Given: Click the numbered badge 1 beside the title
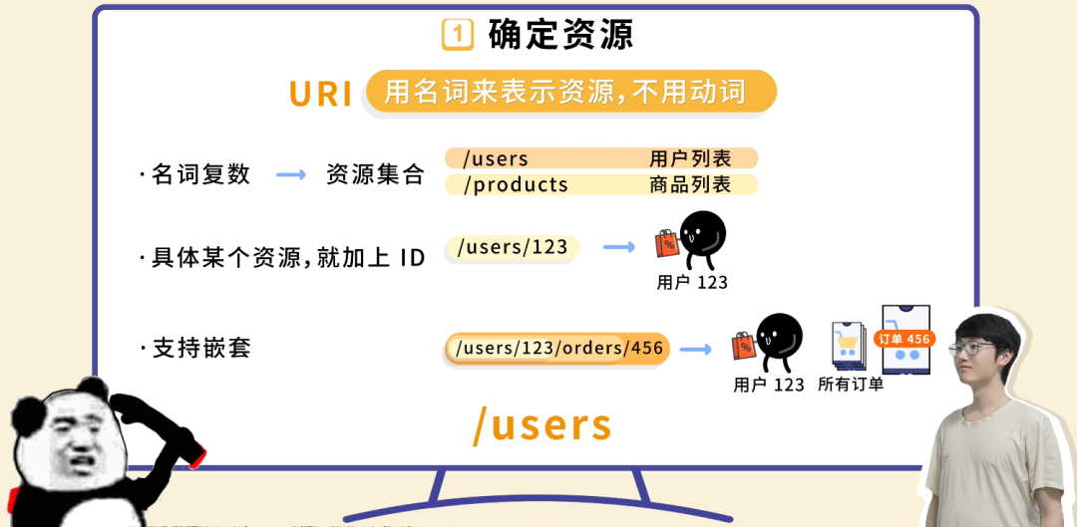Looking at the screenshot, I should [457, 35].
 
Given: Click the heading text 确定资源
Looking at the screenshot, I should [561, 35].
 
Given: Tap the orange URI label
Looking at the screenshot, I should [321, 94].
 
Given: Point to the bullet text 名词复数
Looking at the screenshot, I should [200, 174].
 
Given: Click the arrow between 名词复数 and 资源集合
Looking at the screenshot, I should [291, 175].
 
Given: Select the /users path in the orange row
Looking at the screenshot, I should [489, 159].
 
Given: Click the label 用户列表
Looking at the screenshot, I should [690, 159].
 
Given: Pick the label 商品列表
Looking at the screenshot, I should [690, 185].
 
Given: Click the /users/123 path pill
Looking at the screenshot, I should [512, 248].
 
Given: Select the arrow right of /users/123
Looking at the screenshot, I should [619, 247].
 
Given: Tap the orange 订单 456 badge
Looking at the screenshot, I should [903, 340].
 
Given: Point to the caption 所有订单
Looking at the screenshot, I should [851, 385].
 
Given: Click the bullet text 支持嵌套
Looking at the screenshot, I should [200, 349].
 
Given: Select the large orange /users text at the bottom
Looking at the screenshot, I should [541, 425].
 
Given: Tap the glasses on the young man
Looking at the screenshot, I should [970, 349].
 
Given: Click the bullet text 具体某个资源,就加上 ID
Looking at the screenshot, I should [287, 257].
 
